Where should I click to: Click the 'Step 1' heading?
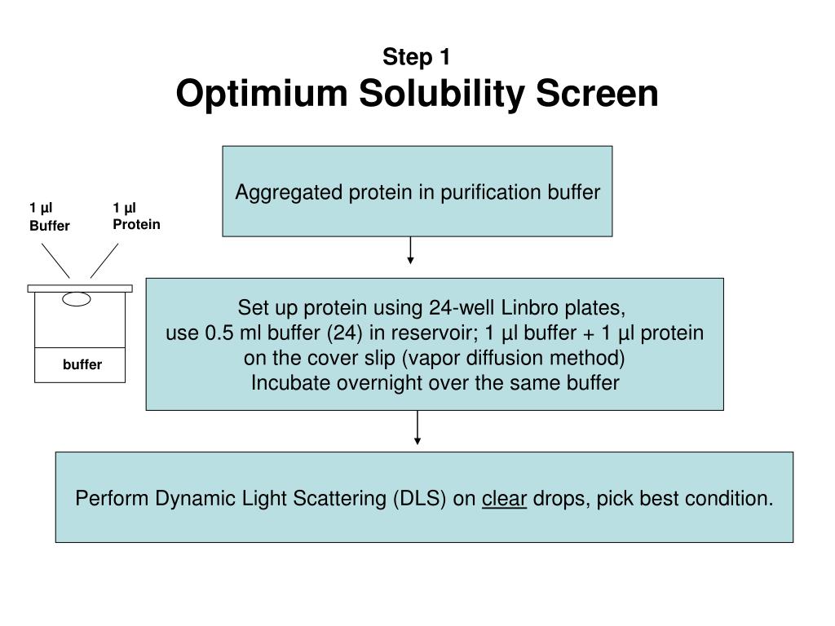(x=417, y=57)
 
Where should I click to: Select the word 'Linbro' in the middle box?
(x=528, y=308)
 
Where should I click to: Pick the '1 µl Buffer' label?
(x=49, y=217)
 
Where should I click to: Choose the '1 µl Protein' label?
(x=136, y=217)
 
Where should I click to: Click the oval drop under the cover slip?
(x=77, y=299)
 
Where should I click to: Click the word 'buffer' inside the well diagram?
(x=82, y=364)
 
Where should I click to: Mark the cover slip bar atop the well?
(x=79, y=288)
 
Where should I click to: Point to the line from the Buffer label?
(x=55, y=262)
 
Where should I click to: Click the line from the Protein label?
(x=104, y=262)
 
